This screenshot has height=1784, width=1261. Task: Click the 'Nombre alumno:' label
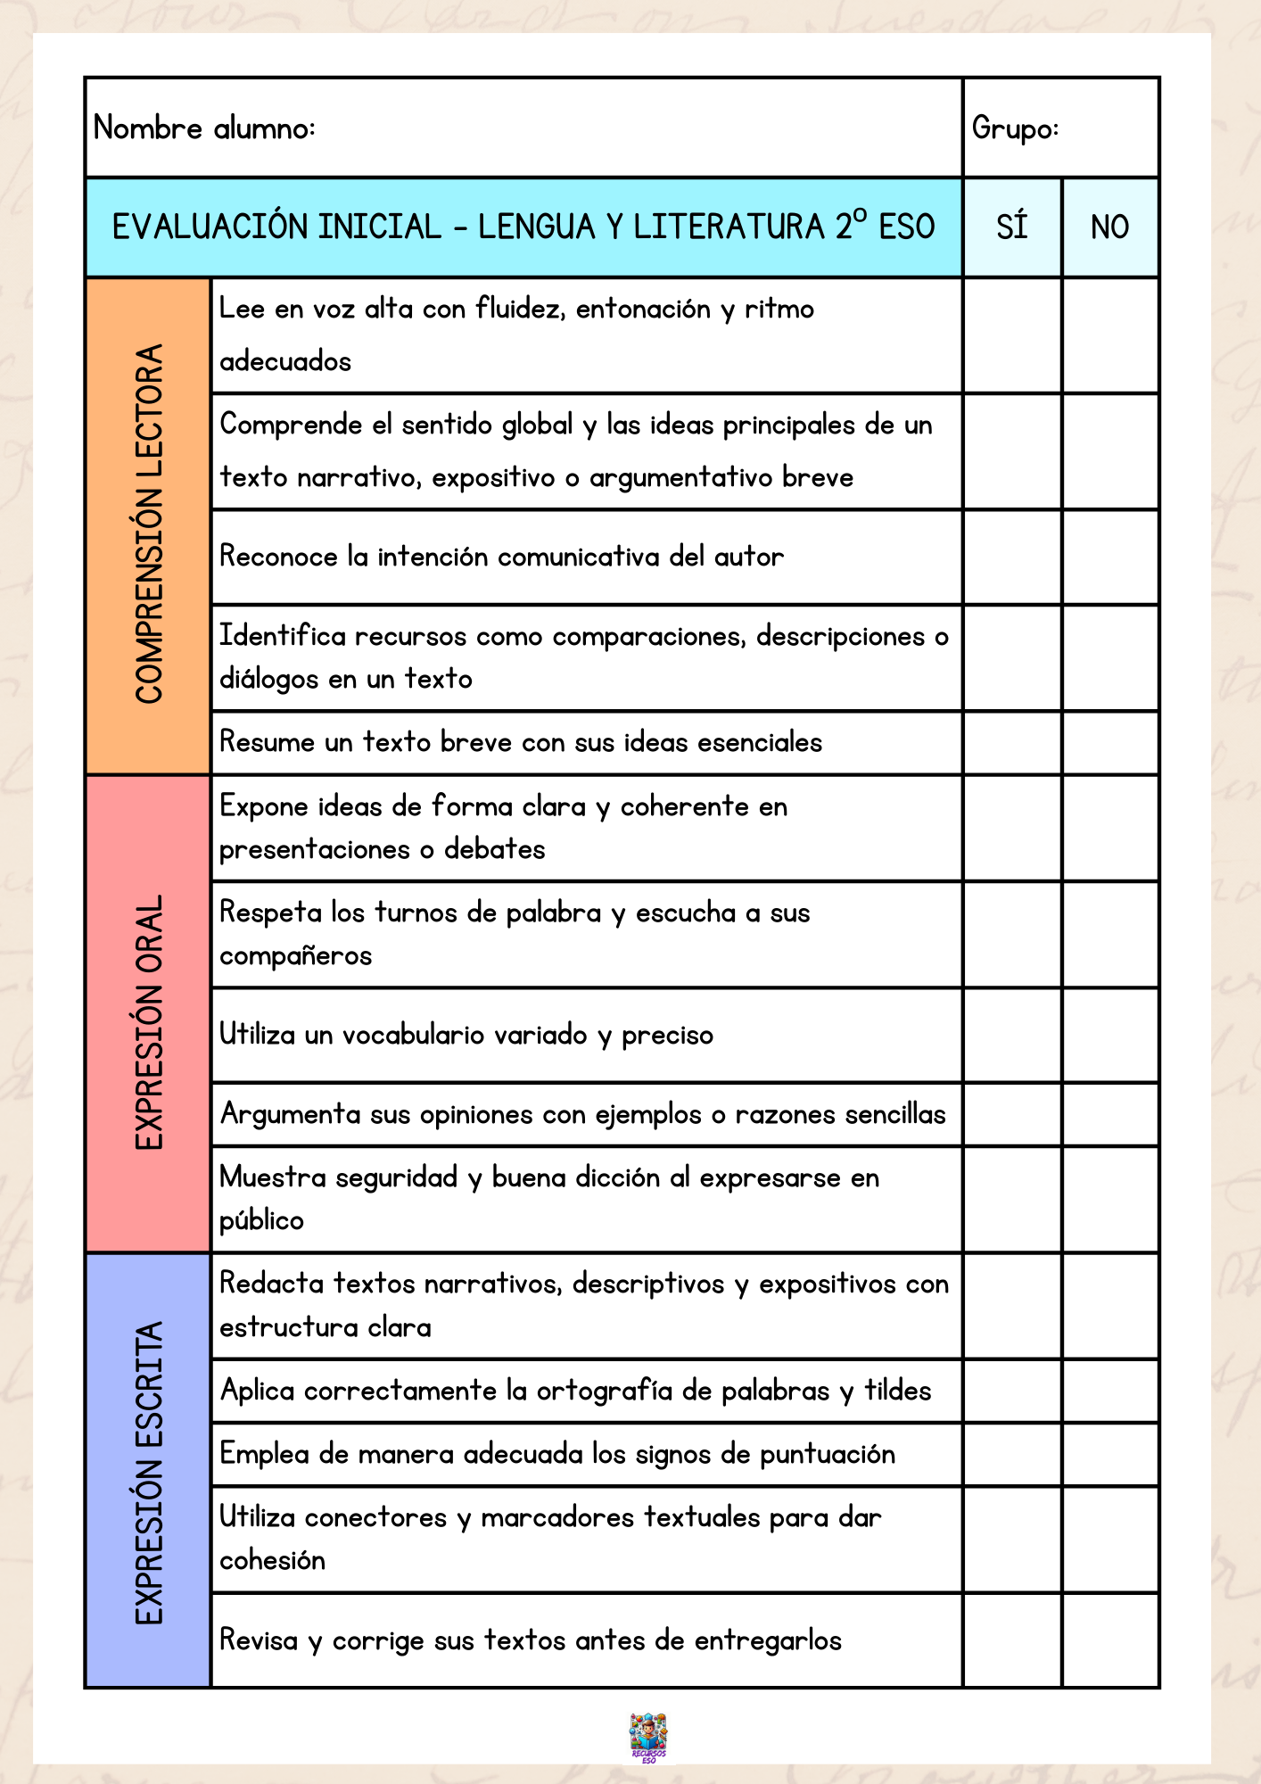[204, 128]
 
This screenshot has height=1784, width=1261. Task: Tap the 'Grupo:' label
[1015, 128]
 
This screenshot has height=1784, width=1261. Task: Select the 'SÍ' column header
[1012, 227]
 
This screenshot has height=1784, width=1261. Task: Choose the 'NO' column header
[1109, 227]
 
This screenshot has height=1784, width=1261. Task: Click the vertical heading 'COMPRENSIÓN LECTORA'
[149, 524]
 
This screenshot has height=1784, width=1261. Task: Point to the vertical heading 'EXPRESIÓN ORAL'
[149, 1022]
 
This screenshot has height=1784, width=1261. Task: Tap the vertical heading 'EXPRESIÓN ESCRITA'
[149, 1473]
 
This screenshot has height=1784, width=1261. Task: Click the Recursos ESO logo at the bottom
[648, 1738]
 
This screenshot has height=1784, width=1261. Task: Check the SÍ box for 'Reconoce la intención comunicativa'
[1012, 557]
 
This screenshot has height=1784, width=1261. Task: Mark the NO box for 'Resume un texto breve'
[1109, 742]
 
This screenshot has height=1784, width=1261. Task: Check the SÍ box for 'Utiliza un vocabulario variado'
[1012, 1035]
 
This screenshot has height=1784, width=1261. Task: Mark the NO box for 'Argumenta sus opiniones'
[1109, 1114]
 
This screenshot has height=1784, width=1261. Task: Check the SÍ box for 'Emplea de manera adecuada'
[1012, 1454]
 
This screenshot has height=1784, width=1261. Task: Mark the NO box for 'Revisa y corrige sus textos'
[1109, 1640]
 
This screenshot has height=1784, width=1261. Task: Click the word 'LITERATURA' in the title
[729, 227]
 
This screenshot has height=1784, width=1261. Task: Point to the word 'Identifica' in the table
[283, 636]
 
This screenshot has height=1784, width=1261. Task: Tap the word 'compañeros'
[295, 956]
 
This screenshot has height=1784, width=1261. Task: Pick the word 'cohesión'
[272, 1560]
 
